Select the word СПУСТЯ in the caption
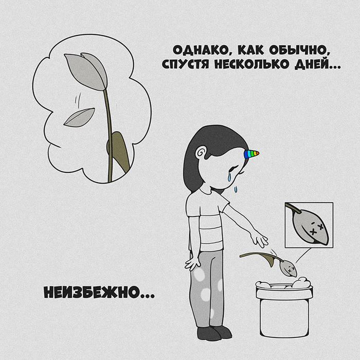point(185,64)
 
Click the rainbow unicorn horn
point(251,154)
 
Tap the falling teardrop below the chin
point(236,189)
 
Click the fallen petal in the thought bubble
point(79,118)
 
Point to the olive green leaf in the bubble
point(119,151)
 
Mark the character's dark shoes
point(214,333)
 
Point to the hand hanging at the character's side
point(192,263)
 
